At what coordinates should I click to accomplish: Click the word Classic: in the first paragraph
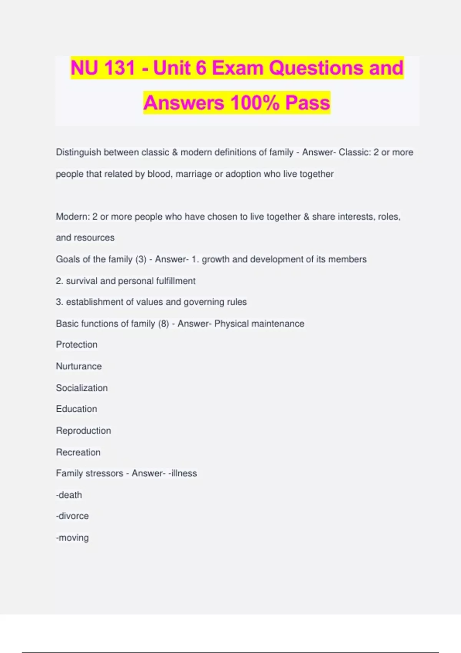tap(355, 152)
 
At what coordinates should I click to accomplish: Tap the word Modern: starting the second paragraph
tap(73, 217)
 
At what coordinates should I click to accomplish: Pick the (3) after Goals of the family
tap(141, 260)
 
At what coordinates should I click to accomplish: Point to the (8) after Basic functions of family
tap(164, 324)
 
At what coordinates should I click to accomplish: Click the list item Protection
tap(77, 345)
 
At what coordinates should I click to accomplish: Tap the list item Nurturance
tap(79, 366)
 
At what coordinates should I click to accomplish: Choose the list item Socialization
tap(82, 388)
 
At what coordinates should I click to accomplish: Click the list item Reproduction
tap(83, 431)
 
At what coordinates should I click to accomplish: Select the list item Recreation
tap(78, 452)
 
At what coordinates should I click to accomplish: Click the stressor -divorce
tap(72, 516)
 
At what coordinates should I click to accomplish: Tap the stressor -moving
tap(72, 538)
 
